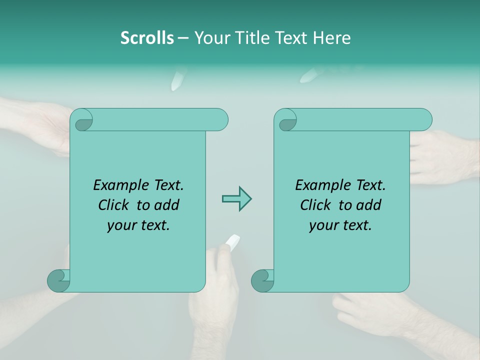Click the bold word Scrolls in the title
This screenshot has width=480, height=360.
(147, 38)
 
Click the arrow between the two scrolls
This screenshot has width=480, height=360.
(236, 199)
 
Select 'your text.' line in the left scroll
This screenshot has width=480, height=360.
(138, 225)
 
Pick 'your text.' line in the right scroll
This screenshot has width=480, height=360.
(340, 225)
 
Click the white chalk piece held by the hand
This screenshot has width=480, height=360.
(232, 242)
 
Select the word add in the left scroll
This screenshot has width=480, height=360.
(167, 205)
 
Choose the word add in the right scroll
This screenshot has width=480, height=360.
(369, 205)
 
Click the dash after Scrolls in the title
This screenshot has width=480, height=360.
(183, 38)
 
